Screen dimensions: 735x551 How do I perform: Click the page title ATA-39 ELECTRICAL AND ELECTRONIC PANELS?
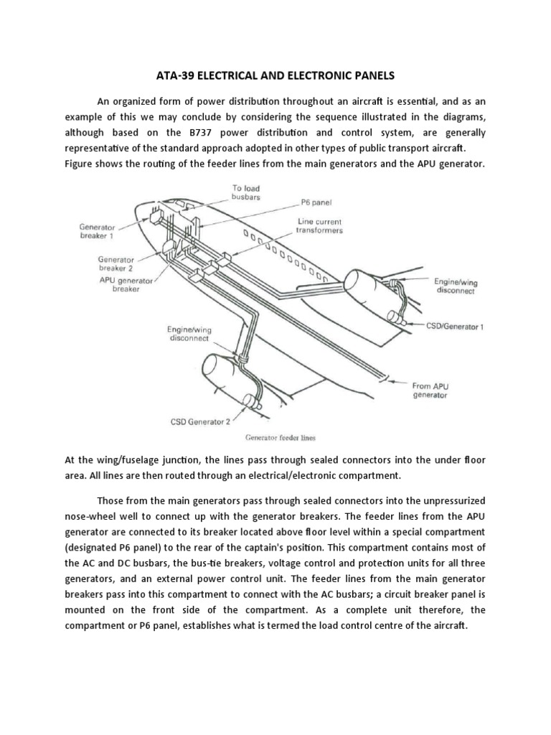point(275,74)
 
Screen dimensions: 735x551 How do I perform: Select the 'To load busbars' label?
point(245,192)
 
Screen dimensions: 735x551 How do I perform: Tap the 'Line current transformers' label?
point(320,226)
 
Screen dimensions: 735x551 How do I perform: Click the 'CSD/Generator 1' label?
point(455,326)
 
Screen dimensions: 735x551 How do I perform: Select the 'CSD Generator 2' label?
point(201,421)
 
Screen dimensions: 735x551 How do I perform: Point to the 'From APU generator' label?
point(430,390)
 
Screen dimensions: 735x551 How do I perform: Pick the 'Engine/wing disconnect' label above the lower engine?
point(189,334)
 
